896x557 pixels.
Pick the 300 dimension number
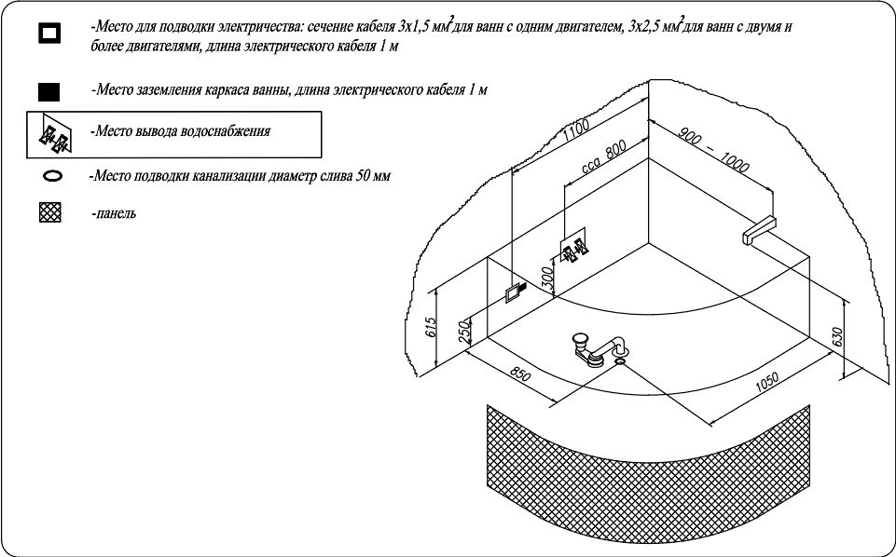[x=547, y=276]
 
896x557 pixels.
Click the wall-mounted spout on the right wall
[x=759, y=229]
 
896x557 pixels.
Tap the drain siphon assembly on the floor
[x=597, y=348]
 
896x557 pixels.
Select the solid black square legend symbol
[x=48, y=91]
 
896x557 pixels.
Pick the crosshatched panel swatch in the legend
[x=50, y=213]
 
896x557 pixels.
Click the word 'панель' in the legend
[x=116, y=214]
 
